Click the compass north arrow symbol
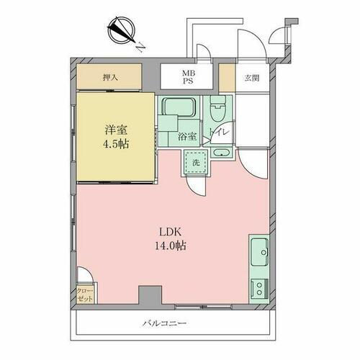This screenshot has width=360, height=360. (121, 30)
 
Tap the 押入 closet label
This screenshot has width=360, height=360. (110, 78)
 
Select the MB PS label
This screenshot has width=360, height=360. (189, 77)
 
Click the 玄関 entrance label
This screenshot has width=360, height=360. (252, 78)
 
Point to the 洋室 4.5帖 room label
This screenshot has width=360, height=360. (116, 137)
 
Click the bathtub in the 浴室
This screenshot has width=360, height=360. (179, 107)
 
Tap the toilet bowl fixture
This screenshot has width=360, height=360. (217, 109)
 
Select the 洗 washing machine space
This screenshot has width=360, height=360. (196, 163)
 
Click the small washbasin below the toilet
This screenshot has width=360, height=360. (222, 153)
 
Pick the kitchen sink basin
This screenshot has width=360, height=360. (259, 252)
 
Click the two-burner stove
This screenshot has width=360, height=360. (259, 289)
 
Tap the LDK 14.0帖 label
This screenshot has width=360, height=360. (170, 239)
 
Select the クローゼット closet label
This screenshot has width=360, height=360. (85, 294)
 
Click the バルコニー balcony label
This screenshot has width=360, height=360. (165, 323)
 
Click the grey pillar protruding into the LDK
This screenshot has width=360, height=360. (150, 295)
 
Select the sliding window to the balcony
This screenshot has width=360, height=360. (203, 307)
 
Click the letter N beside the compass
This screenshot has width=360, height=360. (140, 48)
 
